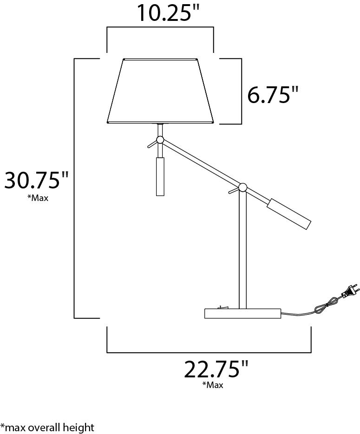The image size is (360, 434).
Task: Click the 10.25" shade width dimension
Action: pos(168,13)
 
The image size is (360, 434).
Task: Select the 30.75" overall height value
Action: pos(36,180)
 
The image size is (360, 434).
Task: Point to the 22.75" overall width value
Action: pos(216,369)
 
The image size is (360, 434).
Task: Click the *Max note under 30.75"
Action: pos(38,198)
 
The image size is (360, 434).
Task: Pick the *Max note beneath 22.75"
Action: pos(213,385)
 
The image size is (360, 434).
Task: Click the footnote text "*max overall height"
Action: pos(47,428)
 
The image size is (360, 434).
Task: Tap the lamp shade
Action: pos(161,91)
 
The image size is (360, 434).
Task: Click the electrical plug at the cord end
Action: pos(351,292)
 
